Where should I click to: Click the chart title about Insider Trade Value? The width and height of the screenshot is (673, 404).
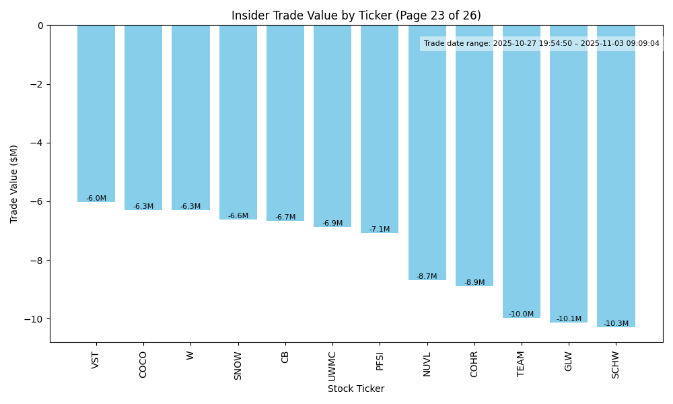[x=356, y=15]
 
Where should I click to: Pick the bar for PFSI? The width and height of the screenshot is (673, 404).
[x=380, y=129]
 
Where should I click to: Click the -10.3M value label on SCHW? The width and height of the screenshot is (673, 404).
[x=616, y=324]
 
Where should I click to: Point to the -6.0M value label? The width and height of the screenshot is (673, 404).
[x=96, y=199]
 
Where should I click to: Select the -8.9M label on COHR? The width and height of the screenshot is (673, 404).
[x=474, y=283]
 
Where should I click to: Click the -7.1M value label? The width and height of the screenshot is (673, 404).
[x=380, y=230]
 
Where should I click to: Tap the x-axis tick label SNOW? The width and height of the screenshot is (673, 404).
[x=238, y=365]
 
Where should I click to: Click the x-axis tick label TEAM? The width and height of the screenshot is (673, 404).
[x=522, y=364]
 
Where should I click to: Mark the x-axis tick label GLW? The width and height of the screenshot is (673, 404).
[x=569, y=362]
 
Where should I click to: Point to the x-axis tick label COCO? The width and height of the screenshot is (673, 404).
[x=143, y=365]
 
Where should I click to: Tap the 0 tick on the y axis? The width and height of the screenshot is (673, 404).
[x=40, y=26]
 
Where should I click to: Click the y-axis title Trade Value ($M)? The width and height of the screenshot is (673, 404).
[x=14, y=184]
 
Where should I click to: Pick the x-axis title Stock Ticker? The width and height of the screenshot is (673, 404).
[x=356, y=389]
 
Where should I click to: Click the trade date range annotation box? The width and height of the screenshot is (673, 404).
[x=542, y=44]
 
